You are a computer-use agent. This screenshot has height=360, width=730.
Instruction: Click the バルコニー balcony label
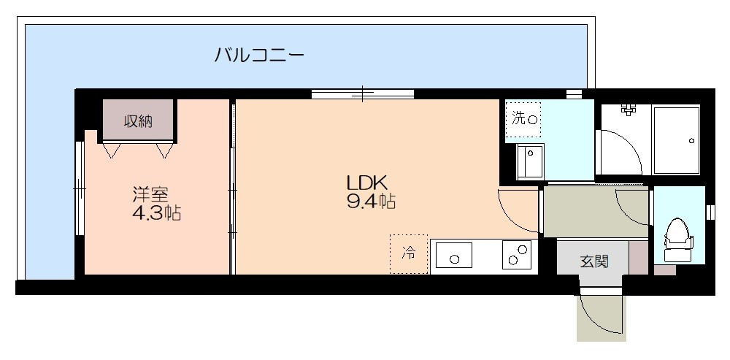259,55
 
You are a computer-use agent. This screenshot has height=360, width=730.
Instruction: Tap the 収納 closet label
138,121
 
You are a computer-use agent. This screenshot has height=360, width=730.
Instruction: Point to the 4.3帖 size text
157,213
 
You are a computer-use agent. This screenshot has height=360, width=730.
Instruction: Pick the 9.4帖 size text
371,202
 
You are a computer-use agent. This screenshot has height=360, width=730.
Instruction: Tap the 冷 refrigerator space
409,254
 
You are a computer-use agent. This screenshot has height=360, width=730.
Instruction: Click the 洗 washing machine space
523,120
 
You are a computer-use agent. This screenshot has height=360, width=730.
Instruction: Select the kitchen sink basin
454,256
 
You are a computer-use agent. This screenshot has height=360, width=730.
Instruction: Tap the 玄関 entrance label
594,261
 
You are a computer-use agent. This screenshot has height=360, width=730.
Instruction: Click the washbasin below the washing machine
530,161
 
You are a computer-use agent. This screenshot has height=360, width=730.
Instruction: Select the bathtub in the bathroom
676,140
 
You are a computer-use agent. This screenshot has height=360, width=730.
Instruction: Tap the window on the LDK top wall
363,93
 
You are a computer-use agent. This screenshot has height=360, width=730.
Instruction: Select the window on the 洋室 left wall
80,188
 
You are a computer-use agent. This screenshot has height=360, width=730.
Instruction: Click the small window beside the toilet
710,212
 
